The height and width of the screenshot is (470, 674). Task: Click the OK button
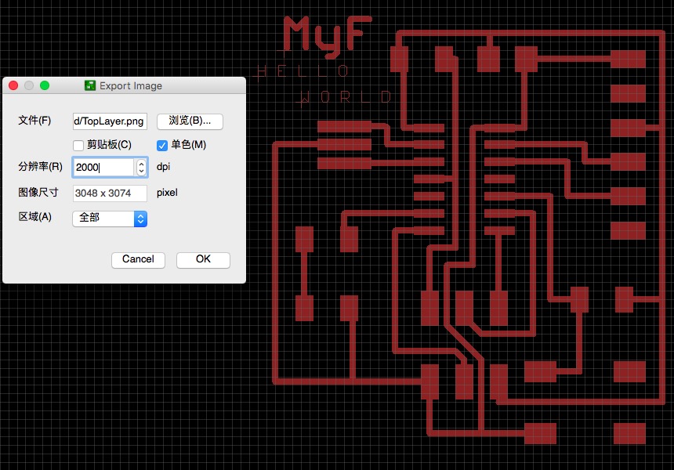pos(203,259)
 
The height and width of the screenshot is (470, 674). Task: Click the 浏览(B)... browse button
pos(190,121)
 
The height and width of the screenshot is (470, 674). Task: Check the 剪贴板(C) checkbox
pos(78,145)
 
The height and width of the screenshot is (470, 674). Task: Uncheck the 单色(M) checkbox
pos(162,145)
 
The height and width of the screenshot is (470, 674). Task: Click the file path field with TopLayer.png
pos(109,121)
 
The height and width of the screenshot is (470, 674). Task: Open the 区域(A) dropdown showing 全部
pos(109,218)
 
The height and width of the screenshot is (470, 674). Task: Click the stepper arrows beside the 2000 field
pos(141,167)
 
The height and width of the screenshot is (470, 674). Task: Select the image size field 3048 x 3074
pos(109,193)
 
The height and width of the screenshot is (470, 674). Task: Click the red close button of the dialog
pos(13,85)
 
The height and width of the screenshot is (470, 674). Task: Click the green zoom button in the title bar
pos(45,85)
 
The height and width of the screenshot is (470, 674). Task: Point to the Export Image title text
pos(131,85)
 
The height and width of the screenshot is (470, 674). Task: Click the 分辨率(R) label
pos(40,167)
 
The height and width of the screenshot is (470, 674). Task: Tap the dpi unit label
pos(163,167)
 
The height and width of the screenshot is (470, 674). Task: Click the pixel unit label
pos(167,193)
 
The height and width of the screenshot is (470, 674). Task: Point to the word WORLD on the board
pos(346,97)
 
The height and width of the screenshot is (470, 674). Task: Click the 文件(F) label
pos(34,121)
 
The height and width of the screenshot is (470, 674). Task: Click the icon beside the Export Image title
pos(90,85)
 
